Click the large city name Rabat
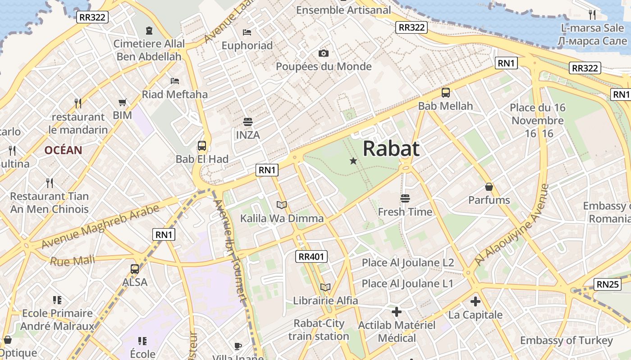point(391,148)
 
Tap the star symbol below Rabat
point(353,161)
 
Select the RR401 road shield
point(311,257)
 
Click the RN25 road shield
point(608,284)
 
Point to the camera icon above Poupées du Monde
point(323,53)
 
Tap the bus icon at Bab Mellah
point(446,93)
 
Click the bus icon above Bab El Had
point(202,146)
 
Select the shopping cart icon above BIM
point(123,103)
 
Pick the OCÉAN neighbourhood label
point(63,150)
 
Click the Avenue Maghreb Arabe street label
point(100,226)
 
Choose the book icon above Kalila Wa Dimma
point(282,205)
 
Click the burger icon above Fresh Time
point(405,198)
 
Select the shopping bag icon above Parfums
point(489,187)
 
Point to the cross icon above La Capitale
point(475,301)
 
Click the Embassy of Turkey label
point(567,340)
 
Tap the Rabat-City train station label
point(319,329)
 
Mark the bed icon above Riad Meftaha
point(175,81)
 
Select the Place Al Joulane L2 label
point(408,262)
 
